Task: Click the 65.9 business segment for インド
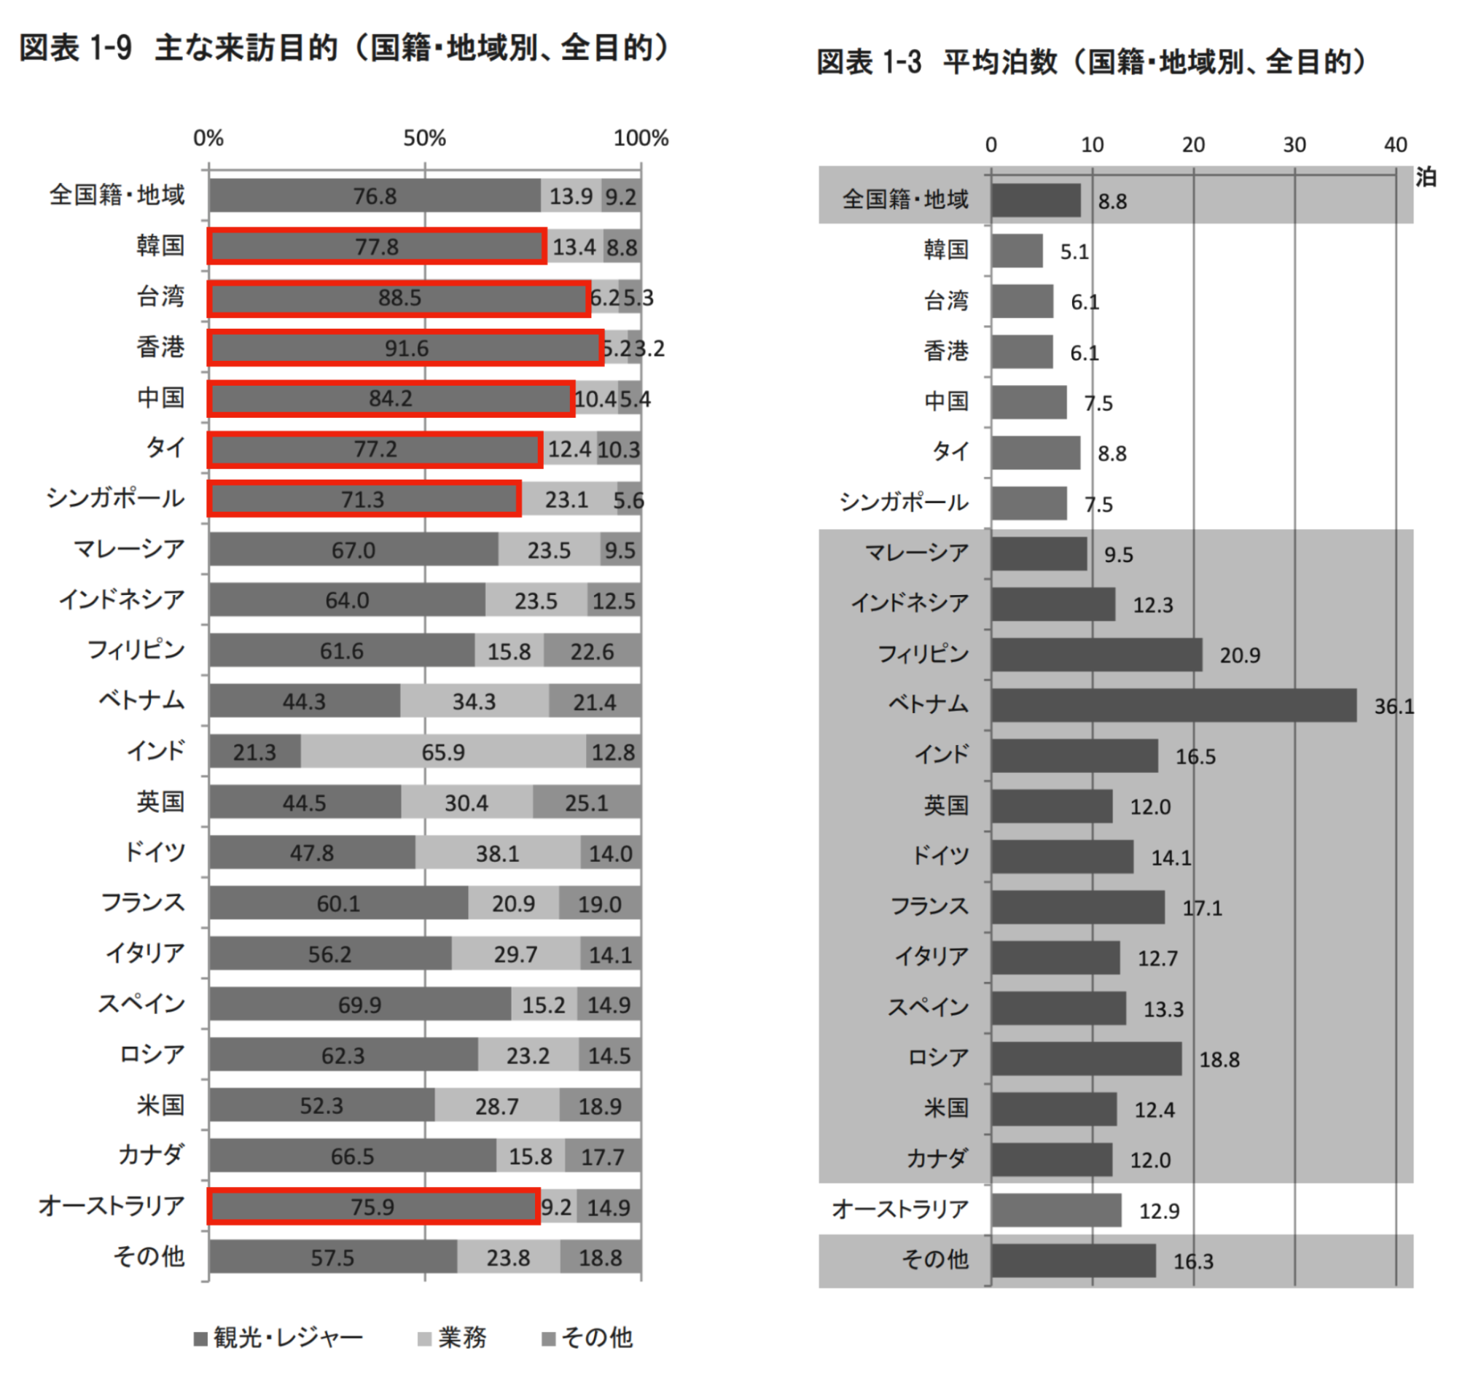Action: (443, 752)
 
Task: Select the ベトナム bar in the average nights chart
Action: (1173, 705)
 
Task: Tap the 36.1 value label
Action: (1394, 706)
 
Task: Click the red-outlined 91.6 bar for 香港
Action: (405, 348)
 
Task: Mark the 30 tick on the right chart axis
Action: (1294, 145)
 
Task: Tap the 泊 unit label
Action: (1425, 177)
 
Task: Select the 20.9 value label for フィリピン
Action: (1239, 655)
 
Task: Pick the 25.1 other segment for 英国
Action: (586, 802)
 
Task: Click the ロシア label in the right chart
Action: (937, 1057)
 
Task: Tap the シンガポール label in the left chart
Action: (115, 499)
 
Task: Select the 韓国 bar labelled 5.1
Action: (1017, 252)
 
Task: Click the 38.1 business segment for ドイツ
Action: (497, 853)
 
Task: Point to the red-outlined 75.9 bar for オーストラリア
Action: (373, 1207)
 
